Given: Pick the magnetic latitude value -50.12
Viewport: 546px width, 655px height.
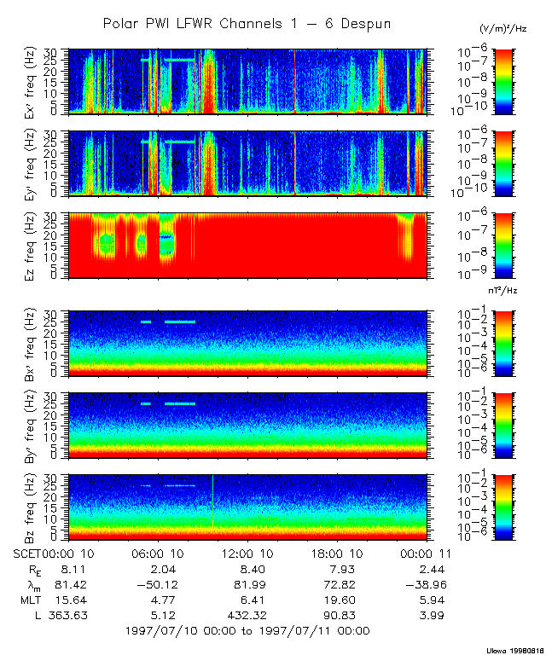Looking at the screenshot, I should pyautogui.click(x=162, y=584).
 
